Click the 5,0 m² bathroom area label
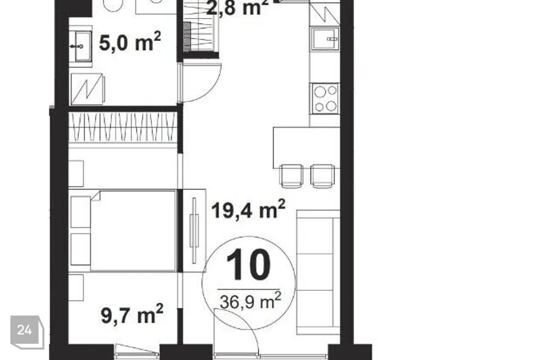(130, 43)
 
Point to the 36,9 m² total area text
(250, 301)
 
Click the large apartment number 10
(248, 264)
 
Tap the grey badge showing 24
(27, 332)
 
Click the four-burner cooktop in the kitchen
(326, 98)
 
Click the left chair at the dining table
(292, 175)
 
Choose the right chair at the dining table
(322, 175)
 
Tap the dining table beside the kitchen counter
(307, 147)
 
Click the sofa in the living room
(318, 272)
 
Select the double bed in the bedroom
(123, 231)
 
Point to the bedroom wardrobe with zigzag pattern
(123, 128)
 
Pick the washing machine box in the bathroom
(87, 89)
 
